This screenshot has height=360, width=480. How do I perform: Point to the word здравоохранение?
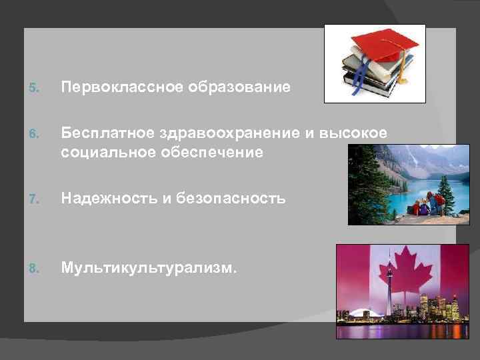[x=229, y=133]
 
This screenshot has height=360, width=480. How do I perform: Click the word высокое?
[x=355, y=133]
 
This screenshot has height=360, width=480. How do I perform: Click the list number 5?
[x=35, y=88]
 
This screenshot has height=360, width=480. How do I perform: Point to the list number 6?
[x=35, y=134]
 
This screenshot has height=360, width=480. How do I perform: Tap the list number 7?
[x=35, y=199]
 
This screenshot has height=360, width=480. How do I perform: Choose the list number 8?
[x=35, y=268]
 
